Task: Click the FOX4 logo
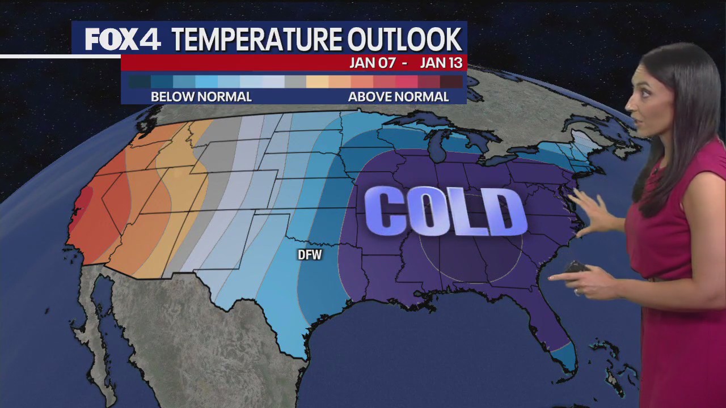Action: [x=123, y=40]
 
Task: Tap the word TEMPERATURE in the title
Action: [x=256, y=40]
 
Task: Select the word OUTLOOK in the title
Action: [x=404, y=40]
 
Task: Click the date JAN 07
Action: [x=372, y=62]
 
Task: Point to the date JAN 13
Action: [x=441, y=62]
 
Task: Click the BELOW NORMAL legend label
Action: [x=201, y=97]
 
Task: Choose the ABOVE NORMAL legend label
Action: [x=398, y=97]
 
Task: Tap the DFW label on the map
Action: [x=310, y=255]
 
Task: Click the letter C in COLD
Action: [x=389, y=211]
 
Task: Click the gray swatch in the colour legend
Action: [x=296, y=82]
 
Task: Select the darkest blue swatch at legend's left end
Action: [x=140, y=82]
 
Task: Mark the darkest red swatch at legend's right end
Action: [x=451, y=82]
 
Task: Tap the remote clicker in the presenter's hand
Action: [x=576, y=266]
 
